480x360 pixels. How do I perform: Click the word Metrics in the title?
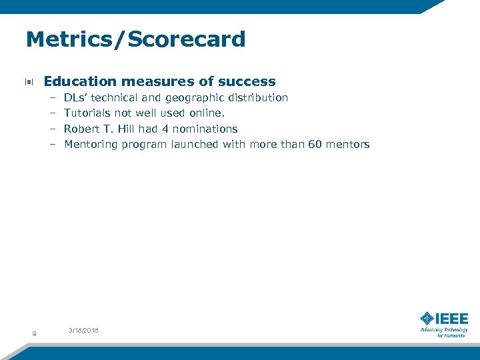pos(61,39)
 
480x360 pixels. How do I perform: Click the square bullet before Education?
pos(29,83)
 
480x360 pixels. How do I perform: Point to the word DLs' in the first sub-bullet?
pos(77,98)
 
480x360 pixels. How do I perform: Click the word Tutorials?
pos(87,113)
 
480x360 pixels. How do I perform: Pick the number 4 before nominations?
pos(165,129)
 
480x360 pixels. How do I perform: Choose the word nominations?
pos(205,129)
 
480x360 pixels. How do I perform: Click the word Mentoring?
pos(91,145)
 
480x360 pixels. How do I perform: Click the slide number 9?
pos(35,333)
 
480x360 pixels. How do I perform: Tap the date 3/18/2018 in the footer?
pos(83,331)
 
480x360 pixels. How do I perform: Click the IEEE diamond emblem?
pos(427,318)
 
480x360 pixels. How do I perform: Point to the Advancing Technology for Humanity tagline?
pos(443,332)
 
